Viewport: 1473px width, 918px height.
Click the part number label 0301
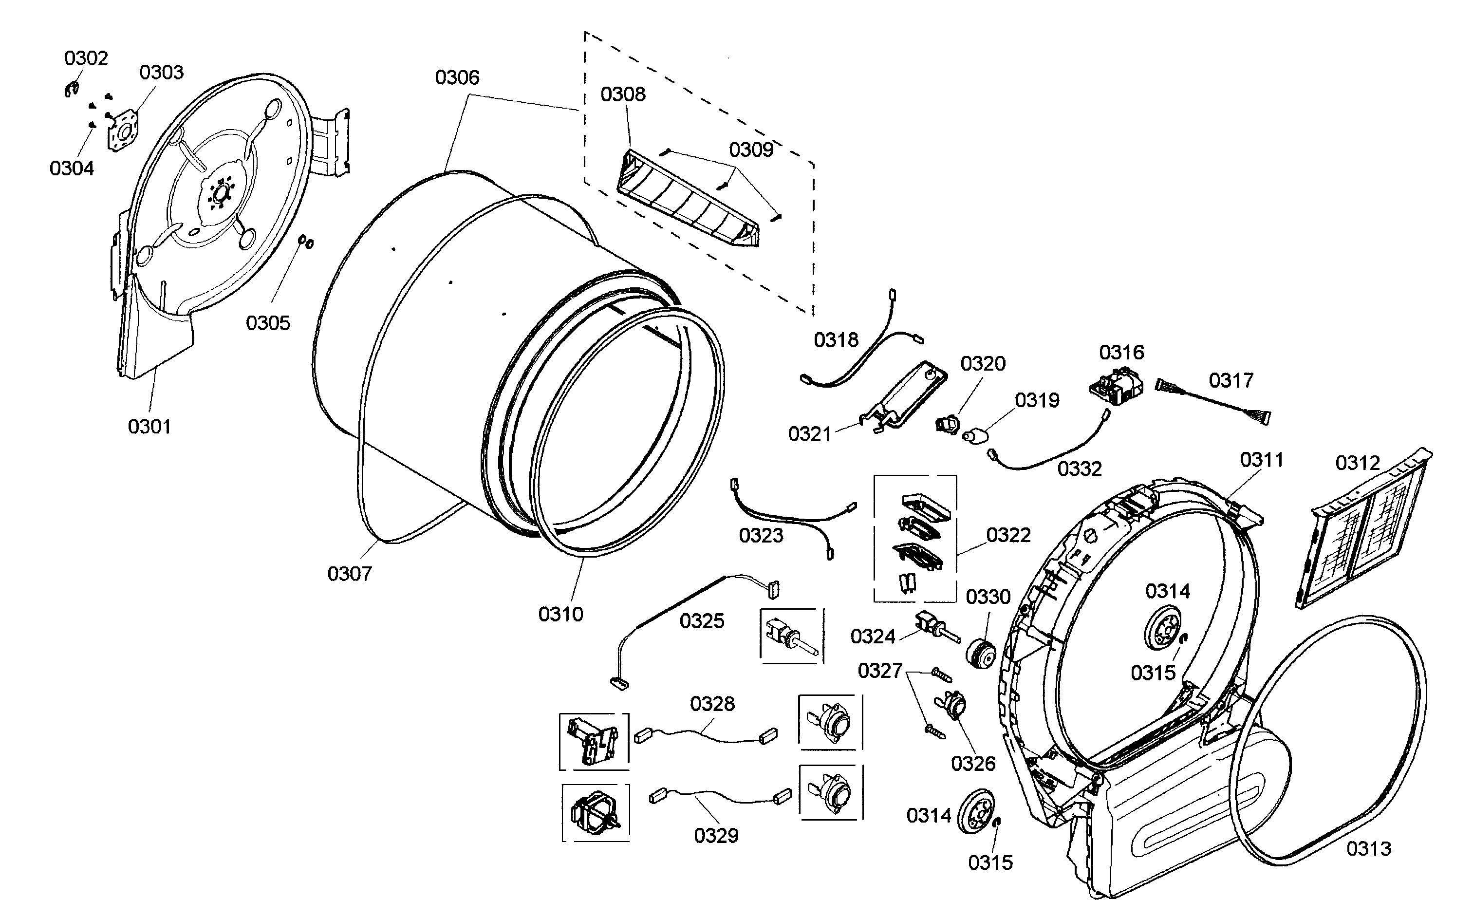point(149,427)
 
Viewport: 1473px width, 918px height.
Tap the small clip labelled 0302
point(72,91)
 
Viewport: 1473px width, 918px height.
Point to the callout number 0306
point(457,78)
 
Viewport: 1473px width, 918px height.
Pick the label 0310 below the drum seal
point(560,615)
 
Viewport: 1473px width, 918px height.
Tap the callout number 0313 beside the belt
point(1369,849)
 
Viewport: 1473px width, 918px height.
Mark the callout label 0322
point(1008,535)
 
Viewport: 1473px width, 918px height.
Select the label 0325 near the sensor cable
point(702,621)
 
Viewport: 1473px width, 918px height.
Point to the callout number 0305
point(268,323)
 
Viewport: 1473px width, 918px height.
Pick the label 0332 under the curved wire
point(1079,468)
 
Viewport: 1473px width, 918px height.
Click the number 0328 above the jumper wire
point(712,704)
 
